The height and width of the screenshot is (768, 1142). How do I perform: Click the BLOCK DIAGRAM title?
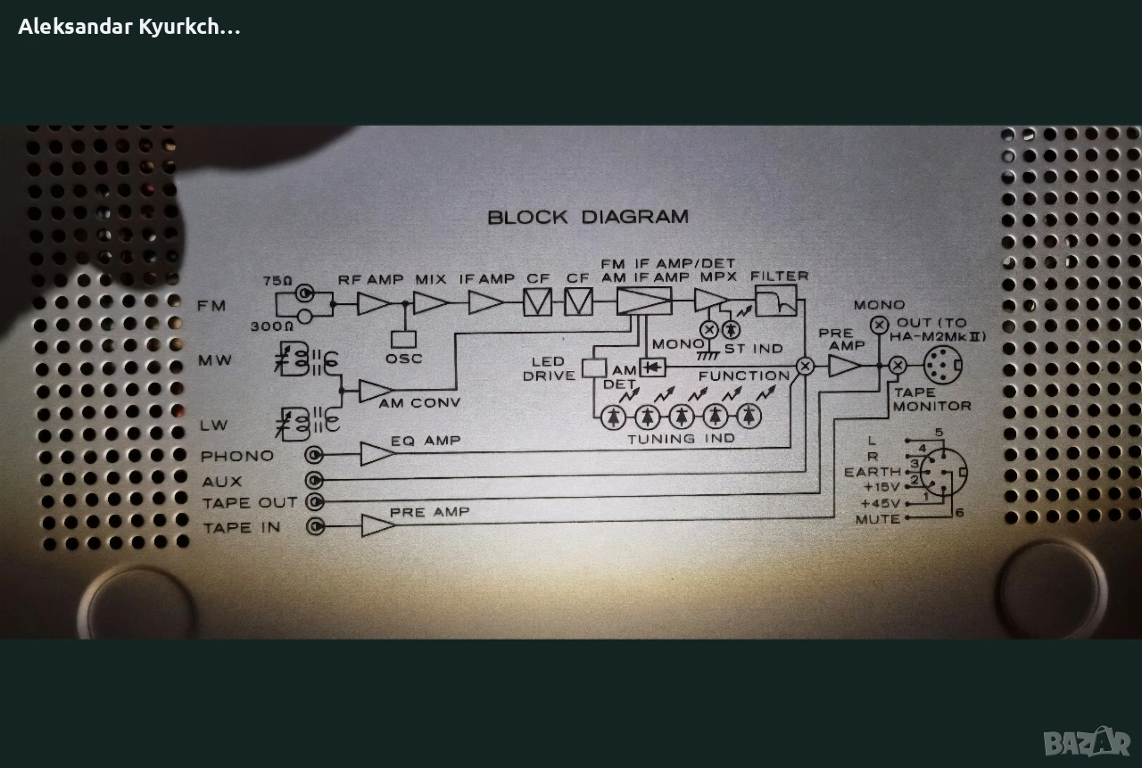click(x=588, y=217)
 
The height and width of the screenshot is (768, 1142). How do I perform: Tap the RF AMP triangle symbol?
click(x=372, y=303)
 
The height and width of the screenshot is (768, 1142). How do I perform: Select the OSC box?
click(x=404, y=339)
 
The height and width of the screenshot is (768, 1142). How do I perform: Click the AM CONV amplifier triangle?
click(x=375, y=391)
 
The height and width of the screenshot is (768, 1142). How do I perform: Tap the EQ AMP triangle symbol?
click(x=377, y=454)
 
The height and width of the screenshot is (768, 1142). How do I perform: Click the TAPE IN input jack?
click(x=315, y=526)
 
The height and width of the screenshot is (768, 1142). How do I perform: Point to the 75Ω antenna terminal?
click(x=305, y=292)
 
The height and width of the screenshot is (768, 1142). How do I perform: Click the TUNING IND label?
click(x=681, y=438)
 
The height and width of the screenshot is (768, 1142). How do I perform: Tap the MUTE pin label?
click(x=878, y=519)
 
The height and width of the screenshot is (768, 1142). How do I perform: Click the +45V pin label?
click(x=881, y=503)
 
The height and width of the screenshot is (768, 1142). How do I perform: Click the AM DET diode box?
click(x=653, y=366)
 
